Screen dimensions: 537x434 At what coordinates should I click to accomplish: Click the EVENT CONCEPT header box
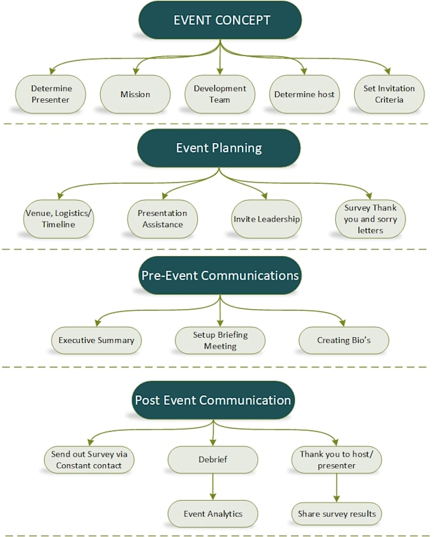(x=220, y=20)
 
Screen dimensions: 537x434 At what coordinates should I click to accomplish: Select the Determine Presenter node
(x=50, y=95)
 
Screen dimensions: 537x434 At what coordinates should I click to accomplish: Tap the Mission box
(x=135, y=95)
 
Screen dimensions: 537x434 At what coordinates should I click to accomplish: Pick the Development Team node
(x=220, y=95)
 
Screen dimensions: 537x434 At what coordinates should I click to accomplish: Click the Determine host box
(x=304, y=95)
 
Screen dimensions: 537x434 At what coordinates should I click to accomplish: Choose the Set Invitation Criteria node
(x=389, y=95)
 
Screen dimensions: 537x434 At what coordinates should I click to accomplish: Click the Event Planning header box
(x=219, y=148)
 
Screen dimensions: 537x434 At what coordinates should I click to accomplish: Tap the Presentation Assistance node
(x=162, y=219)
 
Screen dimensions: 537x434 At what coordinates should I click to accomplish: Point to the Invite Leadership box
(x=266, y=219)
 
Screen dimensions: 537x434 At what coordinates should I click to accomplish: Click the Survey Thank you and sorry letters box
(x=370, y=219)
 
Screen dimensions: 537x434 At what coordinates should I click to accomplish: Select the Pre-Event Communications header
(x=220, y=276)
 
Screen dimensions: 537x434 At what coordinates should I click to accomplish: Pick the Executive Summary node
(x=96, y=340)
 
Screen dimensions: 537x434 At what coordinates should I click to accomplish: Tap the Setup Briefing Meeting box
(x=220, y=340)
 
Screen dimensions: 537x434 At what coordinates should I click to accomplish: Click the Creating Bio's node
(x=343, y=340)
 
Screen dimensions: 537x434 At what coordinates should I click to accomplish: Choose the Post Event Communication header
(x=213, y=400)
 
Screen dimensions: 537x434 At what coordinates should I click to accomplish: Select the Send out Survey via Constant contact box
(x=89, y=460)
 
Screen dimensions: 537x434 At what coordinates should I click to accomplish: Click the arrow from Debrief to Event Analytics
(x=213, y=487)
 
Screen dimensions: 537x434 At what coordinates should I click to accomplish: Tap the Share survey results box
(x=336, y=513)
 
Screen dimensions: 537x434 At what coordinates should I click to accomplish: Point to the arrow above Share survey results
(x=336, y=487)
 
